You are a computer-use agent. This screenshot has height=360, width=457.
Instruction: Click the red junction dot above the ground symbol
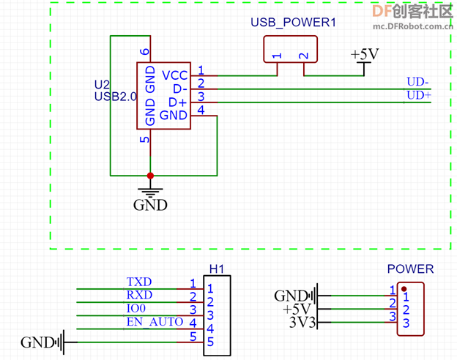(x=150, y=176)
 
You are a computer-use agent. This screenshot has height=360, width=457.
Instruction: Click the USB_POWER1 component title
(x=293, y=23)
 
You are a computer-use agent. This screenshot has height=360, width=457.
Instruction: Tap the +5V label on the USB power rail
(x=365, y=54)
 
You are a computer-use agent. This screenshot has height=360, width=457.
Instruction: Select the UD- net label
(x=417, y=82)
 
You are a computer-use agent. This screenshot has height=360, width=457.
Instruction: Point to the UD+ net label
(x=419, y=95)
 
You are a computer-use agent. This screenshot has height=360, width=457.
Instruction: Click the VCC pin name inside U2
(x=175, y=75)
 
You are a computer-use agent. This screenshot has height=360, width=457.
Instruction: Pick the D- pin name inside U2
(x=180, y=89)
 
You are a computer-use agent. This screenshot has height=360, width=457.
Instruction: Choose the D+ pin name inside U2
(x=177, y=102)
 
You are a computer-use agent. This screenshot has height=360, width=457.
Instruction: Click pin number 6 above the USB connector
(x=144, y=51)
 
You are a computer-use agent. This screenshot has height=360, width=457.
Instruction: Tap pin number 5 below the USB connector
(x=144, y=140)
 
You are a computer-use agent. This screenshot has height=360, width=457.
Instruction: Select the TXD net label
(x=139, y=282)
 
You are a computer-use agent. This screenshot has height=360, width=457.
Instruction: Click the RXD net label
(x=139, y=295)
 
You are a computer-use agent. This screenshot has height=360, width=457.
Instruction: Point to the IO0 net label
(x=135, y=308)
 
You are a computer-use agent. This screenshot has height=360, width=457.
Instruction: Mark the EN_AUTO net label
(x=155, y=322)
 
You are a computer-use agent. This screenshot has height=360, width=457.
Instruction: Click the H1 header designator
(x=217, y=269)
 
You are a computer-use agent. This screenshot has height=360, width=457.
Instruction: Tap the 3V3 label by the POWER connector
(x=302, y=323)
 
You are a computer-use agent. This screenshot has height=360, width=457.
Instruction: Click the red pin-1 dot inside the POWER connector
(x=404, y=289)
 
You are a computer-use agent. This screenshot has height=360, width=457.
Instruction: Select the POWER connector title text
(x=410, y=269)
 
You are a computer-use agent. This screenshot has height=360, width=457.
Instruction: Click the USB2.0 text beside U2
(x=116, y=97)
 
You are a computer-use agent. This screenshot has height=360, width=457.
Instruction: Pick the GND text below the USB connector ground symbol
(x=150, y=205)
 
